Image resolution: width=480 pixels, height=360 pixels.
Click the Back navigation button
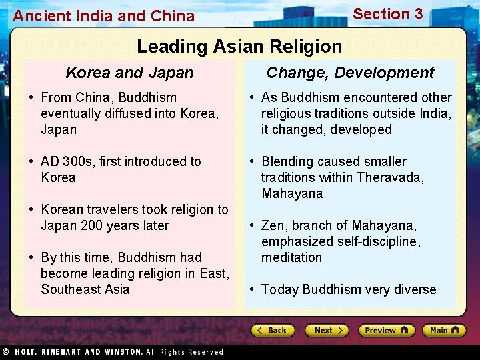pyautogui.click(x=272, y=330)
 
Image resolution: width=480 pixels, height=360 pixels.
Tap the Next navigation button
pyautogui.click(x=327, y=330)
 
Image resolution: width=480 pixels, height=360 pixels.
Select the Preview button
pyautogui.click(x=386, y=330)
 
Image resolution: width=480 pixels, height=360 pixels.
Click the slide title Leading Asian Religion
pyautogui.click(x=239, y=47)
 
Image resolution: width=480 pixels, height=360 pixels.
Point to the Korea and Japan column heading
pyautogui.click(x=129, y=73)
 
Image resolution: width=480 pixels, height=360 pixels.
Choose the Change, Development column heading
pyautogui.click(x=350, y=73)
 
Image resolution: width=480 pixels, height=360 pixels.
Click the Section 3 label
pyautogui.click(x=387, y=14)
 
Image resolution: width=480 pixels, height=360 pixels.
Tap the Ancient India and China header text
pyautogui.click(x=104, y=16)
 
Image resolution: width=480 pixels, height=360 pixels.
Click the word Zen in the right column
pyautogui.click(x=273, y=225)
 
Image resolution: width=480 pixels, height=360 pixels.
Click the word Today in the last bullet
pyautogui.click(x=280, y=289)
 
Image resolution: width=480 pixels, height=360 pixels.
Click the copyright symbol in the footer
pyautogui.click(x=5, y=351)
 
